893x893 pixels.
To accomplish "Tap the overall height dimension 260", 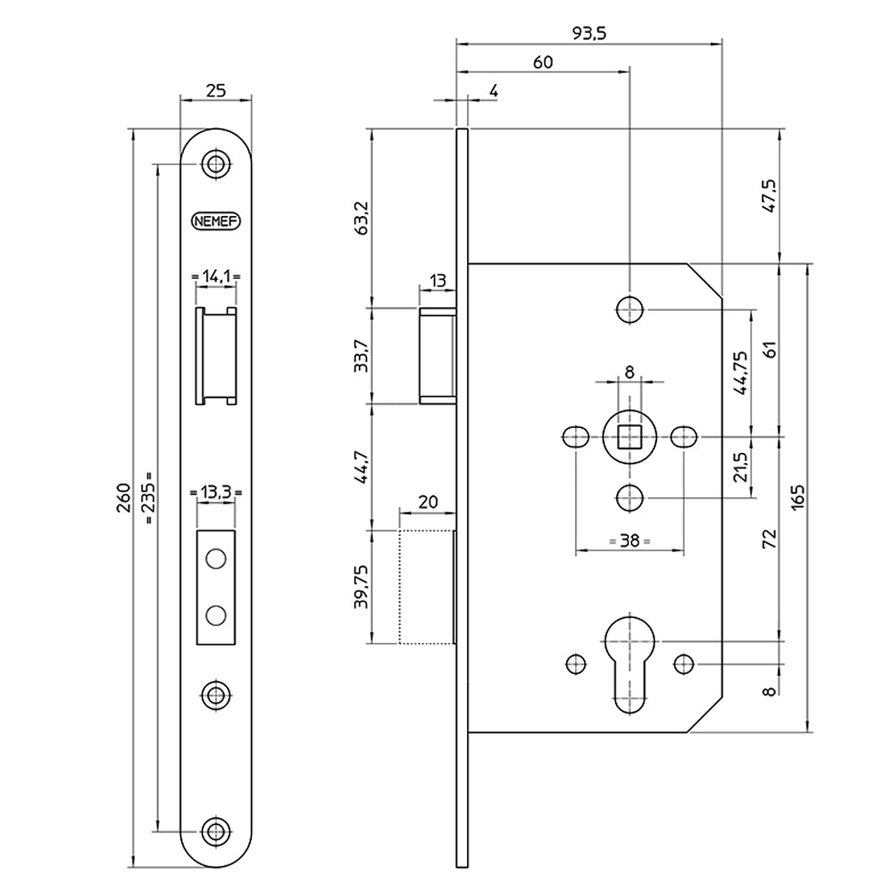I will tap(124, 498).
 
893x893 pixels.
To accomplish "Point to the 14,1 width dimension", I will tap(215, 277).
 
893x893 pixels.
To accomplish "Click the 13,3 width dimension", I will tap(215, 492).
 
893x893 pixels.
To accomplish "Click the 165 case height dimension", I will tap(798, 497).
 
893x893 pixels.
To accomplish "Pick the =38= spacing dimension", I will tap(629, 541).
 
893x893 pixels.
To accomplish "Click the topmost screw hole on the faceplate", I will tap(214, 164).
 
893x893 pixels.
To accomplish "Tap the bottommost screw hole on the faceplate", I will tap(214, 830).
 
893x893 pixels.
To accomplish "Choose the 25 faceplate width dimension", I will tap(215, 89).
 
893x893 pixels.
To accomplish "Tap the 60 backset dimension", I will tap(542, 62).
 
